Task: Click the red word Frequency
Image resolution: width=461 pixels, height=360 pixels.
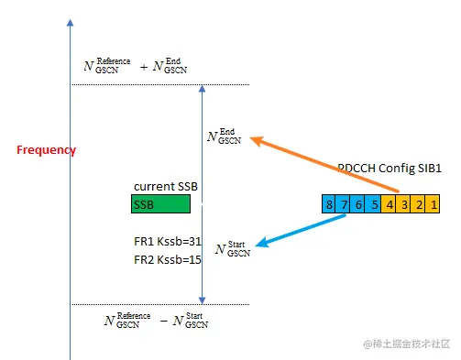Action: coord(46,150)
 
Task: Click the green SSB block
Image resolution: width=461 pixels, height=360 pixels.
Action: coord(160,204)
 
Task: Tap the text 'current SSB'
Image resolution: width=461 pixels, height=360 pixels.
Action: coord(166,187)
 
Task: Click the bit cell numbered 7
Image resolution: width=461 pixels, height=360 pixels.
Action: coord(345,203)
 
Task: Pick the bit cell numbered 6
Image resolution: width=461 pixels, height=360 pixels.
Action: coord(359,203)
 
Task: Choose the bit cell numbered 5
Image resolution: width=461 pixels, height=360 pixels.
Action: coord(374,203)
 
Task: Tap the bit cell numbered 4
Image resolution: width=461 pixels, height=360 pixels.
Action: coord(390,203)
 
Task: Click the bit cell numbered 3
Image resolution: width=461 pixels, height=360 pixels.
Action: coord(404,203)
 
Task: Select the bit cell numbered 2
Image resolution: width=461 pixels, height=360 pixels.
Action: coord(419,203)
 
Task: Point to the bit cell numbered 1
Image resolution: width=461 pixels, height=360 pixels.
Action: coord(434,203)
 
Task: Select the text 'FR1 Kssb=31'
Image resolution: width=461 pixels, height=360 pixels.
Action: coord(167,242)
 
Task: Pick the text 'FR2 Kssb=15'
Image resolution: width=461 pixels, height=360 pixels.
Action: coord(167,260)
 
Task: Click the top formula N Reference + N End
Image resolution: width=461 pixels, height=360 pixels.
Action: coord(136,65)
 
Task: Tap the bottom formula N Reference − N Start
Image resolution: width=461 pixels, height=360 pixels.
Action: coord(155,320)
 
